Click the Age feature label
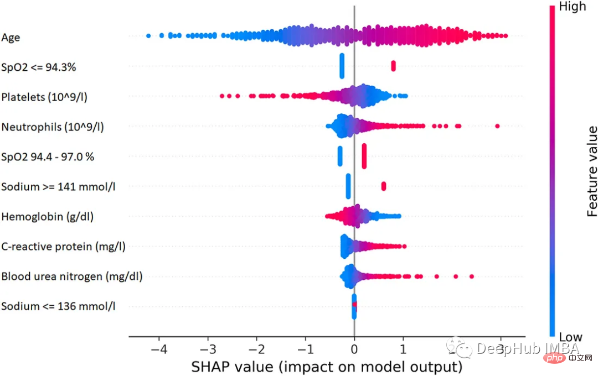11,37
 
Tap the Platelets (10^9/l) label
44,97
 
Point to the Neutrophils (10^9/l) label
52,127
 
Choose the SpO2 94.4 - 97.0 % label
48,156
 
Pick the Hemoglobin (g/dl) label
47,216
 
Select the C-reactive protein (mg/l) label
63,246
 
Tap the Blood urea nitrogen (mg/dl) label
72,276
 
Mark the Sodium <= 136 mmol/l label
58,306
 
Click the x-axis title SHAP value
327,366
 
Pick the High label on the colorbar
573,7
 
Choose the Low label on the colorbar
571,337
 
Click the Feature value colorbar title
592,171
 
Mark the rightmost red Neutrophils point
497,127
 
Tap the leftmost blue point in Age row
148,36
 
